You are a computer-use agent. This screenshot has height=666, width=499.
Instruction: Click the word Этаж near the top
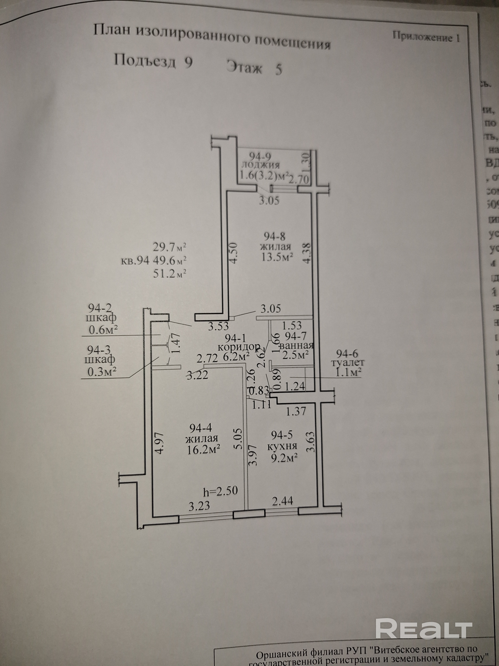tap(245, 67)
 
